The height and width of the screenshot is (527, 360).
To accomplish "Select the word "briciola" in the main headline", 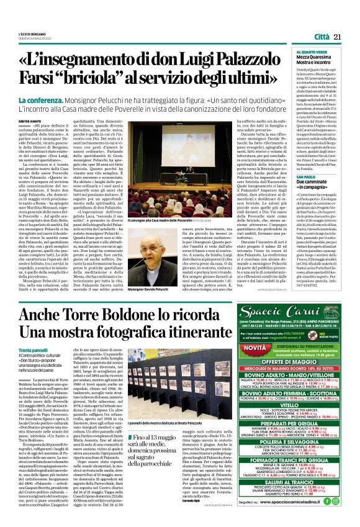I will (x=119, y=80).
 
